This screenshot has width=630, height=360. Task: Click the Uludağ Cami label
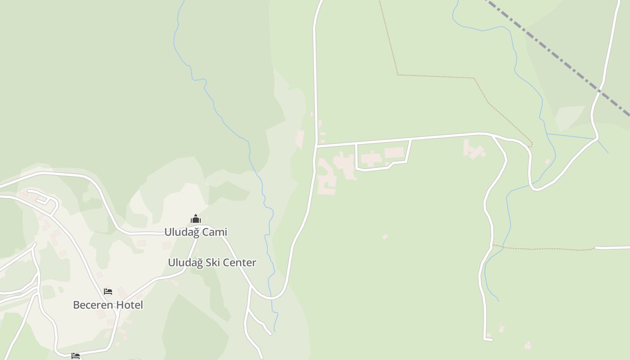195,232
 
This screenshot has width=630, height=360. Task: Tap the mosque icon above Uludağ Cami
195,219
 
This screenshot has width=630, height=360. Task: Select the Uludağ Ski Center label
212,263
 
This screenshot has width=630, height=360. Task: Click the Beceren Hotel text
108,305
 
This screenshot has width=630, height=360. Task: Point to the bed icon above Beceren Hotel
108,292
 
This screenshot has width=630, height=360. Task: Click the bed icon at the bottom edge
76,356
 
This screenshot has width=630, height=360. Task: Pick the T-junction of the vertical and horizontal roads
316,146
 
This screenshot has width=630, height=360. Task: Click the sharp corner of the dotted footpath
398,75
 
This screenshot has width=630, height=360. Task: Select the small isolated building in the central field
385,237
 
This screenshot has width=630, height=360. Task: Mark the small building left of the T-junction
300,139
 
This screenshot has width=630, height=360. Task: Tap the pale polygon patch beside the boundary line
570,117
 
